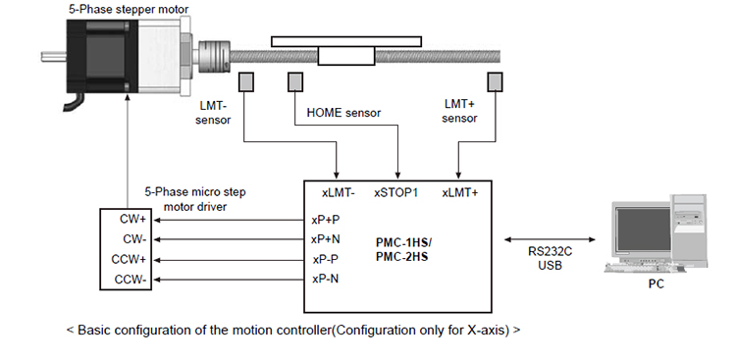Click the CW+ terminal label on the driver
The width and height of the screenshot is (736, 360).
(132, 219)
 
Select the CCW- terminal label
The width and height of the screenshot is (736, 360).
(131, 280)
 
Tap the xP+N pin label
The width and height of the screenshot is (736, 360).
(325, 239)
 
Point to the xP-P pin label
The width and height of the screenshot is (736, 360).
(325, 259)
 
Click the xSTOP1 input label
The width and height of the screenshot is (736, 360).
(395, 193)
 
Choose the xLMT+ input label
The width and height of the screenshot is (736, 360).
(459, 193)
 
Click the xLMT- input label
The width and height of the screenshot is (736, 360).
(338, 193)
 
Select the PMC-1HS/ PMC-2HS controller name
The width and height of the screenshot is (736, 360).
(403, 250)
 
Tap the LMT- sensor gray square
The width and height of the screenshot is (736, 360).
(246, 81)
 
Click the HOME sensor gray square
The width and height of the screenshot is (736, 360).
(295, 81)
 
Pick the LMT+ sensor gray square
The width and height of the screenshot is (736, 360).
(495, 81)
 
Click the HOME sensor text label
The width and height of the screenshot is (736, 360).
(343, 113)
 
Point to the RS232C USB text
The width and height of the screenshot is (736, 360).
(550, 258)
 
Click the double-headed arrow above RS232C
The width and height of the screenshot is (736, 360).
(550, 239)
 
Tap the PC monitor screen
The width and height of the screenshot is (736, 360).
(643, 230)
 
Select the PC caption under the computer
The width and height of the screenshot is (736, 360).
(657, 283)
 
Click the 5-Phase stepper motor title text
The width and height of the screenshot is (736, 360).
(129, 9)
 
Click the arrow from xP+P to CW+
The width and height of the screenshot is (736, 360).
(229, 220)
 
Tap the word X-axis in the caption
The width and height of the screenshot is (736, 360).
(488, 330)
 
